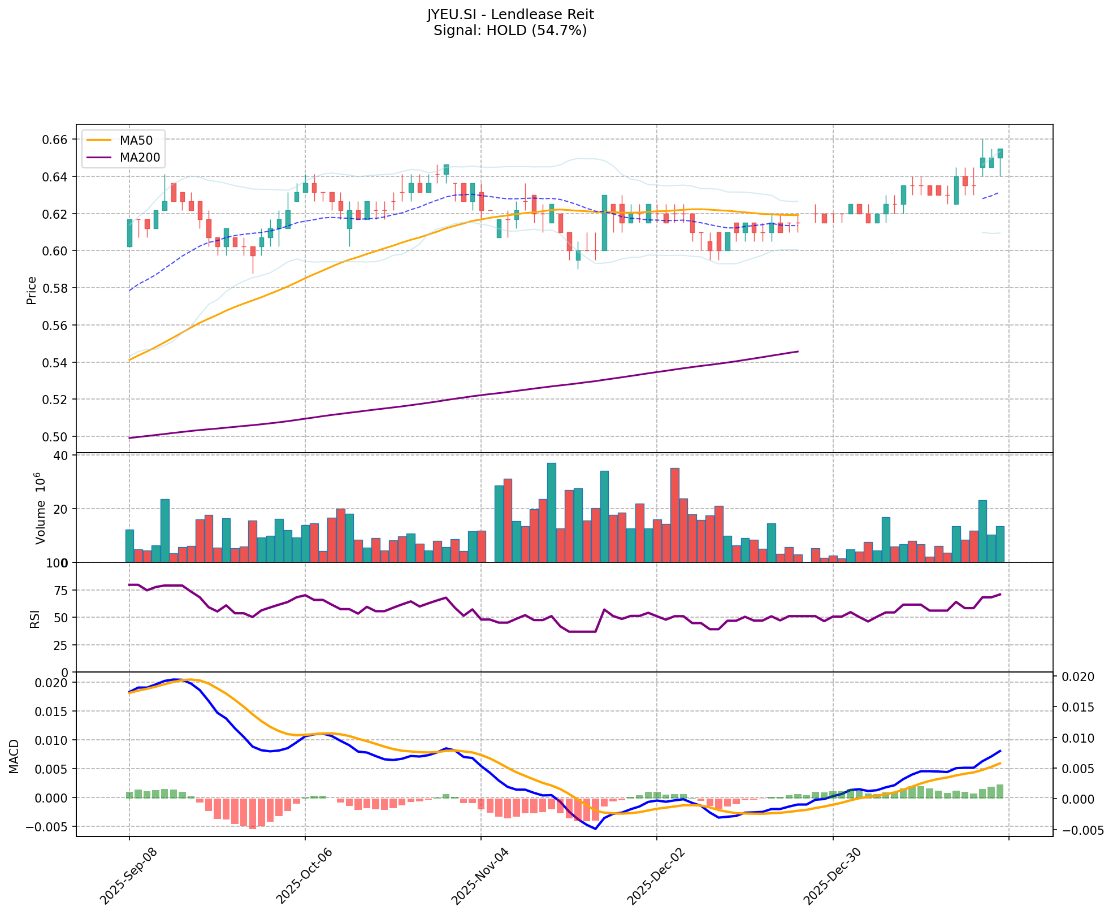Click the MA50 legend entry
(135, 140)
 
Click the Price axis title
(32, 290)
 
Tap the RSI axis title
(35, 619)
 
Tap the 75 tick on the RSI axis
(61, 591)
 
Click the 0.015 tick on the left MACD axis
(54, 712)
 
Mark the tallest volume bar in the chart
(551, 512)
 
